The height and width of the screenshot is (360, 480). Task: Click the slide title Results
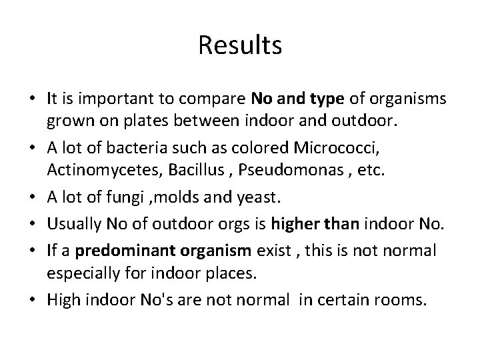click(x=240, y=45)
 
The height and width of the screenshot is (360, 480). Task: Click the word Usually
click(x=72, y=213)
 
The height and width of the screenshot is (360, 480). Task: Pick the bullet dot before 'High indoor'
click(x=32, y=299)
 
